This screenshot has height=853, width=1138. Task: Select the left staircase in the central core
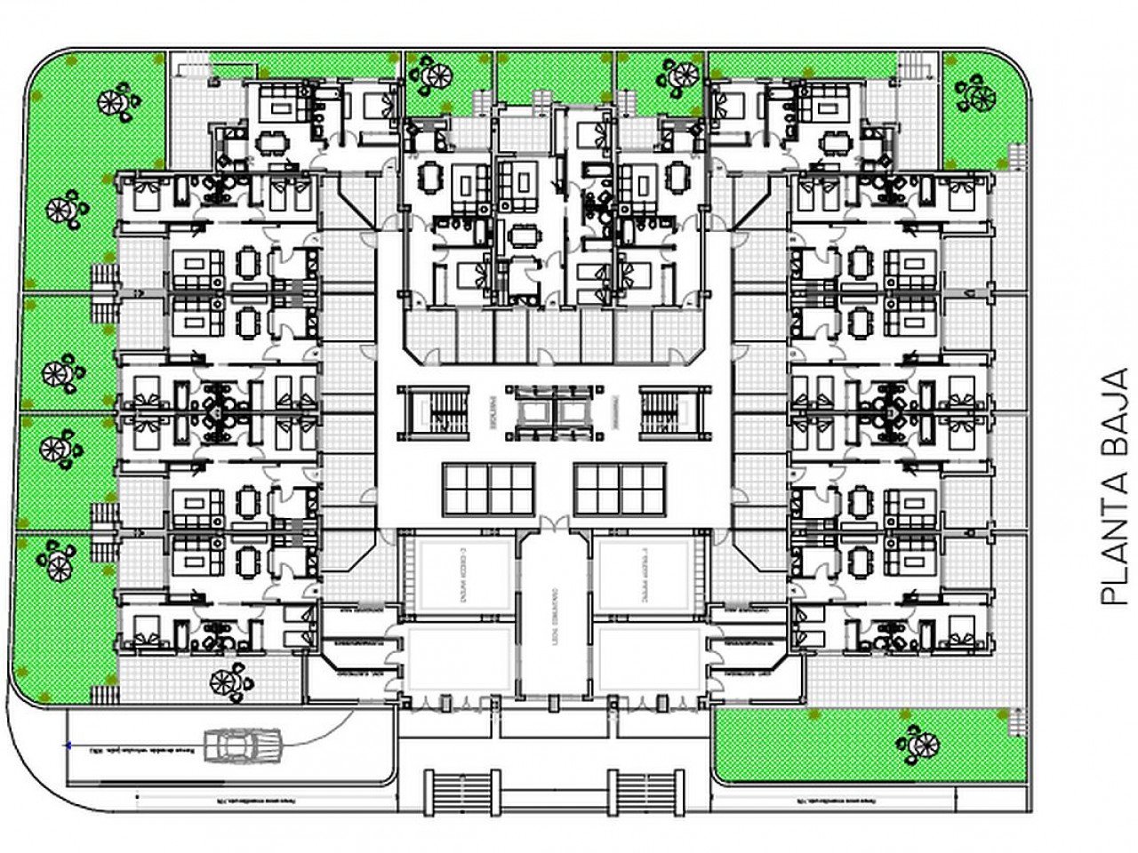click(x=432, y=411)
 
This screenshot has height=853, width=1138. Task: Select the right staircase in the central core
click(x=676, y=411)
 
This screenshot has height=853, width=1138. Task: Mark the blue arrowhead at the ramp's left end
click(x=69, y=745)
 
